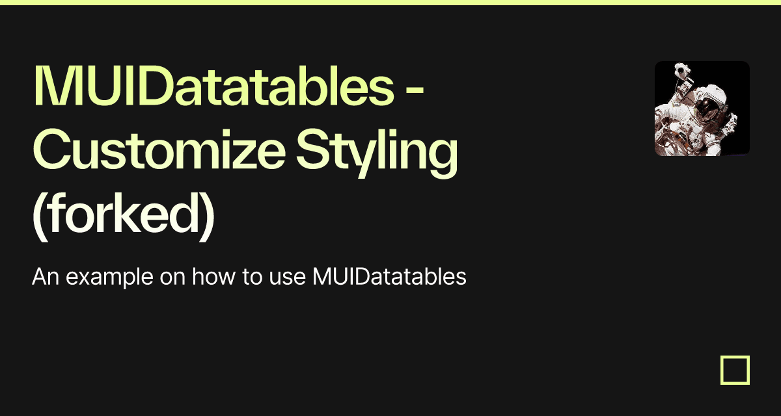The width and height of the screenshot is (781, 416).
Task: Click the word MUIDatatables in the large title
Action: click(213, 85)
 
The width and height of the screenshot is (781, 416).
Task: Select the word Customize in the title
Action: click(159, 149)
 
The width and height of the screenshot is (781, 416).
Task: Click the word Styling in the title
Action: click(377, 153)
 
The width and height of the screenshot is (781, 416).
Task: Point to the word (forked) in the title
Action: click(123, 216)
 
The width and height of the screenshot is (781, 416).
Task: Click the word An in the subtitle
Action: click(46, 277)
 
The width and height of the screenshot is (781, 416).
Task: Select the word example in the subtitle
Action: click(109, 278)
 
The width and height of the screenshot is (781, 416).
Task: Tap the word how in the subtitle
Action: click(213, 277)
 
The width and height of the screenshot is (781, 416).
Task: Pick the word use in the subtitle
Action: click(287, 279)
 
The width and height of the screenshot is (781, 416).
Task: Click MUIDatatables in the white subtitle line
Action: click(389, 277)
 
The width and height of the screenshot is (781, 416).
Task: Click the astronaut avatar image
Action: click(702, 109)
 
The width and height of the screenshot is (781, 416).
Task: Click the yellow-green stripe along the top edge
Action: click(390, 3)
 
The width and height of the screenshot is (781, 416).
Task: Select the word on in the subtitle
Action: click(172, 279)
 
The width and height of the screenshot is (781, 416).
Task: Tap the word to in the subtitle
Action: click(252, 278)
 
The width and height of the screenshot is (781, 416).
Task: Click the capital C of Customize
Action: click(50, 149)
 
